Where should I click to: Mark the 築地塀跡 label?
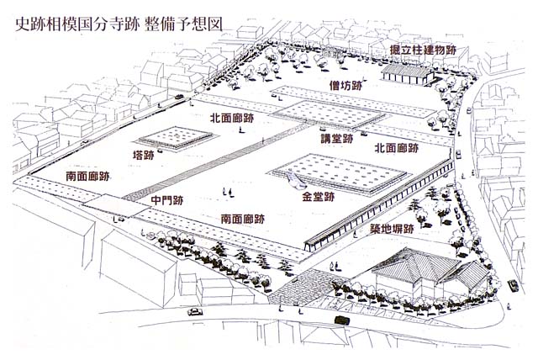click(385, 229)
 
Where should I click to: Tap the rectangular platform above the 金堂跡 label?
click(336, 172)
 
